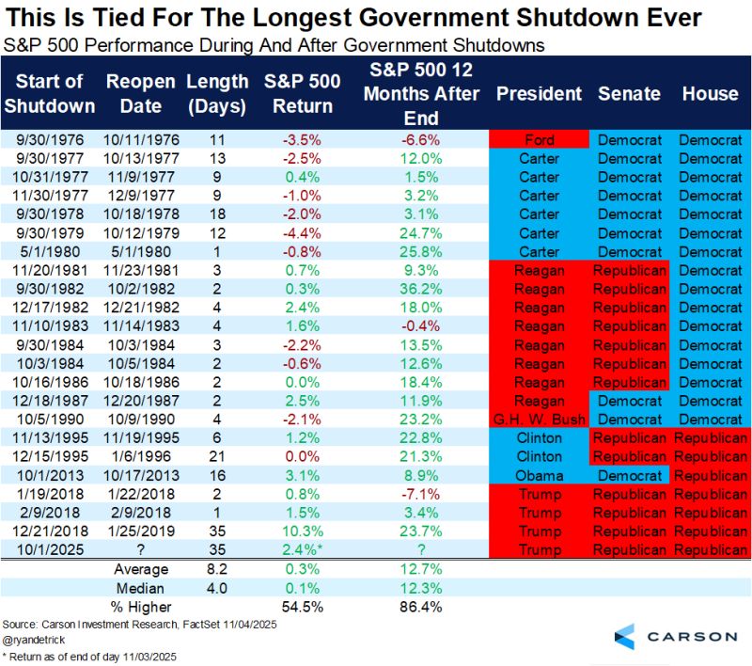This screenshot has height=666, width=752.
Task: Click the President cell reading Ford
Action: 540,140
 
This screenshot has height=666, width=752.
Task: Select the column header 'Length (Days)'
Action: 217,94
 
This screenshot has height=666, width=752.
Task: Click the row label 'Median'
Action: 141,586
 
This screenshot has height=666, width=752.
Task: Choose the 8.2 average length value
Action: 217,568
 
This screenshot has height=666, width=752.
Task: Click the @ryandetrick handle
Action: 32,640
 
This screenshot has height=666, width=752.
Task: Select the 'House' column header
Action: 710,94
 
